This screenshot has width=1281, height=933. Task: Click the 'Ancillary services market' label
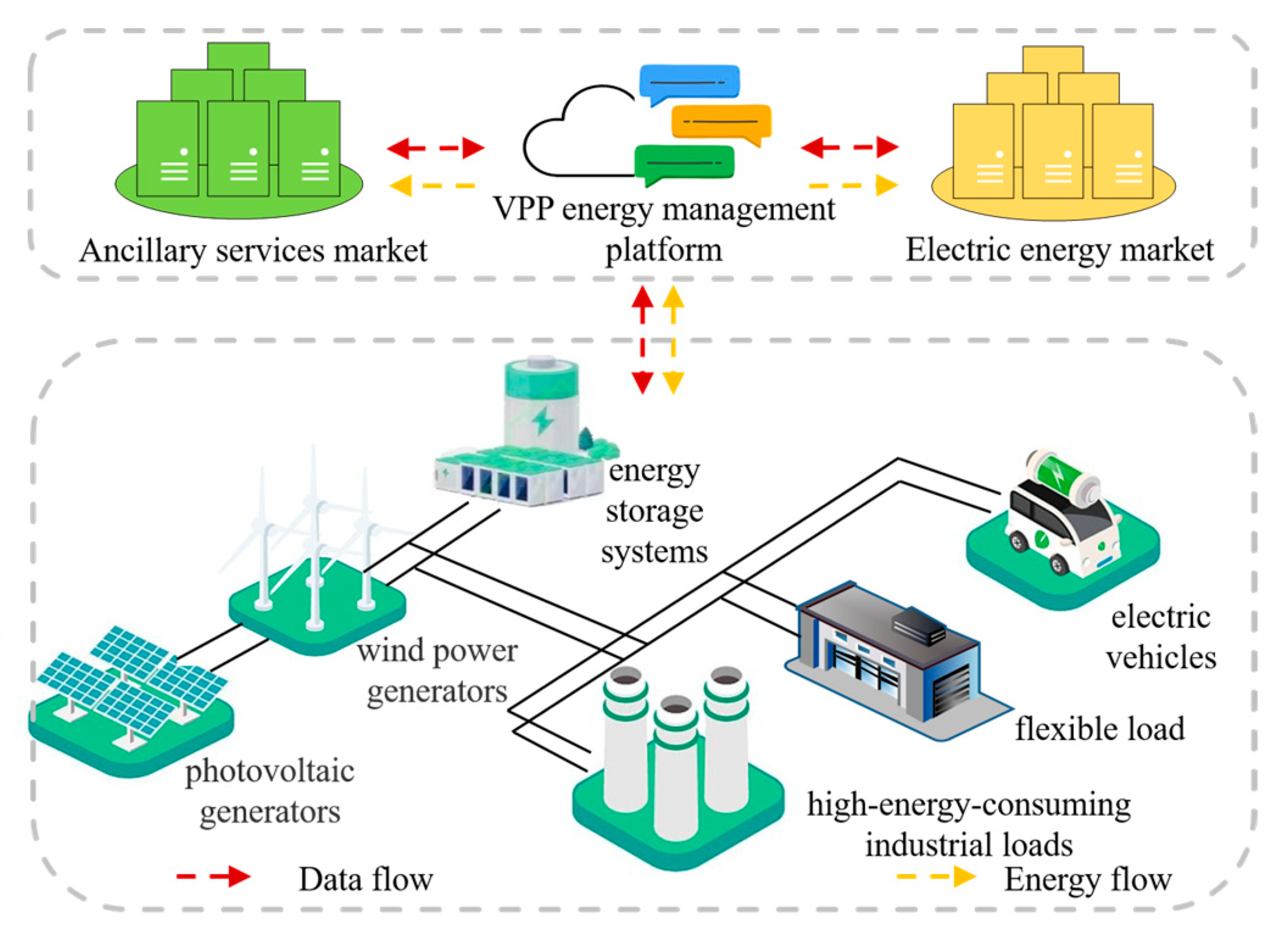point(253,250)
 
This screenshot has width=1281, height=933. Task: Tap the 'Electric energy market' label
point(1059,250)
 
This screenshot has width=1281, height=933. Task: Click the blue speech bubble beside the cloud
point(689,83)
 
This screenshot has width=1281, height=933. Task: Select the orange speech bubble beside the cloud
point(721,121)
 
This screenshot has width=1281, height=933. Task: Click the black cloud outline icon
point(576,134)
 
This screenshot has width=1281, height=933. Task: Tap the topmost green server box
point(238,56)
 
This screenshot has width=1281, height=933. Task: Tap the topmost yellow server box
point(1052,60)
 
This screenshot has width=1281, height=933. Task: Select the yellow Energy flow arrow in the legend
point(936,877)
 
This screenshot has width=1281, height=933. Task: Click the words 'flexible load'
point(1099,729)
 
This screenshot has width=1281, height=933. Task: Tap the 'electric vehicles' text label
point(1161,637)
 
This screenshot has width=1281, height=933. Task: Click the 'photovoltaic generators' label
point(269,791)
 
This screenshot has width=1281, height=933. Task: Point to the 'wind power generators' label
point(437,670)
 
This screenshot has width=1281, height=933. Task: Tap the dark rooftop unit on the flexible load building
point(918,625)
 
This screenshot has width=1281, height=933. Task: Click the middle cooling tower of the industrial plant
point(675,774)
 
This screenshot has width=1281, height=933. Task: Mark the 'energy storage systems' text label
point(654,511)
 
